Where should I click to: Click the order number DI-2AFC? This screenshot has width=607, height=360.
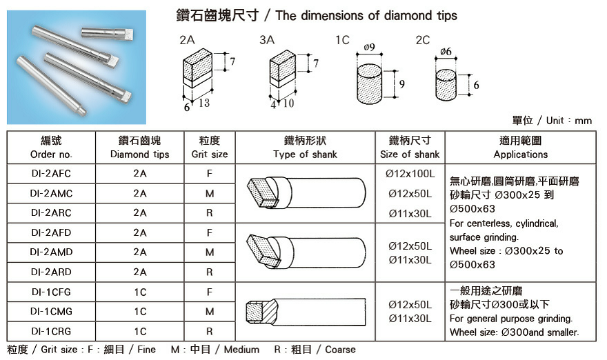pos(52,174)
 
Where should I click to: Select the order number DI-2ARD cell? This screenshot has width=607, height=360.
pos(52,272)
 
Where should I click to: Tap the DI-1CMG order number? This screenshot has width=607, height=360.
pos(52,312)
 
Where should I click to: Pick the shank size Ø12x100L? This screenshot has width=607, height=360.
pos(410,174)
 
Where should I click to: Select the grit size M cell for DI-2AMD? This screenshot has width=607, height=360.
pos(209,252)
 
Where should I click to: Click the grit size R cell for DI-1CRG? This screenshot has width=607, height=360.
pos(209,331)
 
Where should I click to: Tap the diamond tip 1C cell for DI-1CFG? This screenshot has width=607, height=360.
pos(140,292)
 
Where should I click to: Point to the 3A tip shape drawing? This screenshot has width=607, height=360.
pos(283,78)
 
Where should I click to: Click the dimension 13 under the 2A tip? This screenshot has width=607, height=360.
pos(204,103)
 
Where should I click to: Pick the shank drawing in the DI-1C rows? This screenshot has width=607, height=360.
pos(303,312)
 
